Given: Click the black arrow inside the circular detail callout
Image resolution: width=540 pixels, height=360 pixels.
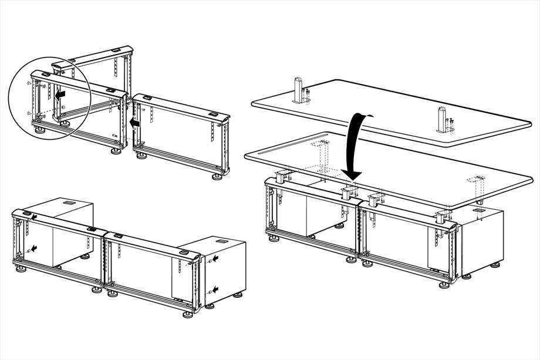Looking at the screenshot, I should point(58,93).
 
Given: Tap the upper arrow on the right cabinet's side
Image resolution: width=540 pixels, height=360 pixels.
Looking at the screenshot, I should point(216,258).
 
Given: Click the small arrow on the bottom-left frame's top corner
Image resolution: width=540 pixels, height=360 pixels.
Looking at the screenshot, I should point(34,217).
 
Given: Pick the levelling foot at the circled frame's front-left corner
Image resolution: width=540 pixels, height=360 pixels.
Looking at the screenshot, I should point(39,130).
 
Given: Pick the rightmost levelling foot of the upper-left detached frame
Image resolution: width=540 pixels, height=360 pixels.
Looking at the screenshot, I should point(217,174).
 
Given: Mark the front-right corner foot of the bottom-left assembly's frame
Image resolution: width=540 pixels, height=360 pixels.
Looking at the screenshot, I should point(188,313).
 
